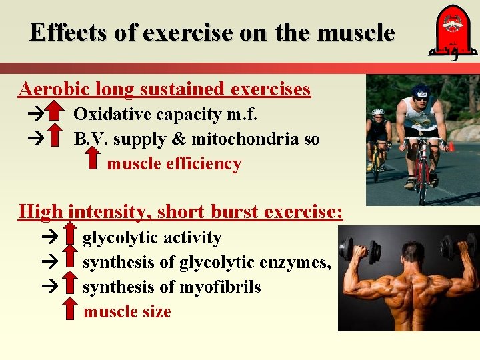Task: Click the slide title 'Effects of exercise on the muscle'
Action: pos(212,32)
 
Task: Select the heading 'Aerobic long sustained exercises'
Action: pos(165,89)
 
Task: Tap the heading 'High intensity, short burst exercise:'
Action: pos(181,212)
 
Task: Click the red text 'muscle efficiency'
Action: pos(174,164)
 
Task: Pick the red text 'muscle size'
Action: pos(127,312)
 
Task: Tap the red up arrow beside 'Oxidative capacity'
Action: pos(56,114)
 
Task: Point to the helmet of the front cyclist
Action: pos(421,91)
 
